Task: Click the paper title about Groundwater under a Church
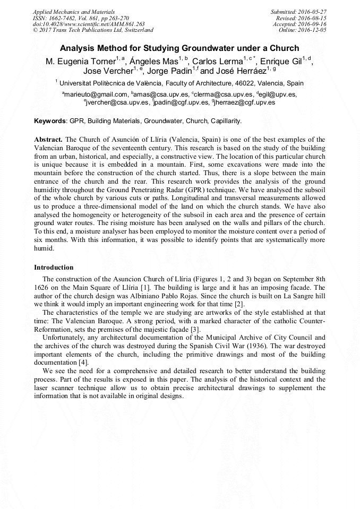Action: tap(179, 48)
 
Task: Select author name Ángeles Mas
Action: tap(153, 62)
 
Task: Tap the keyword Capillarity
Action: tap(226, 121)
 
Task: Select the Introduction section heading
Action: tap(54, 268)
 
